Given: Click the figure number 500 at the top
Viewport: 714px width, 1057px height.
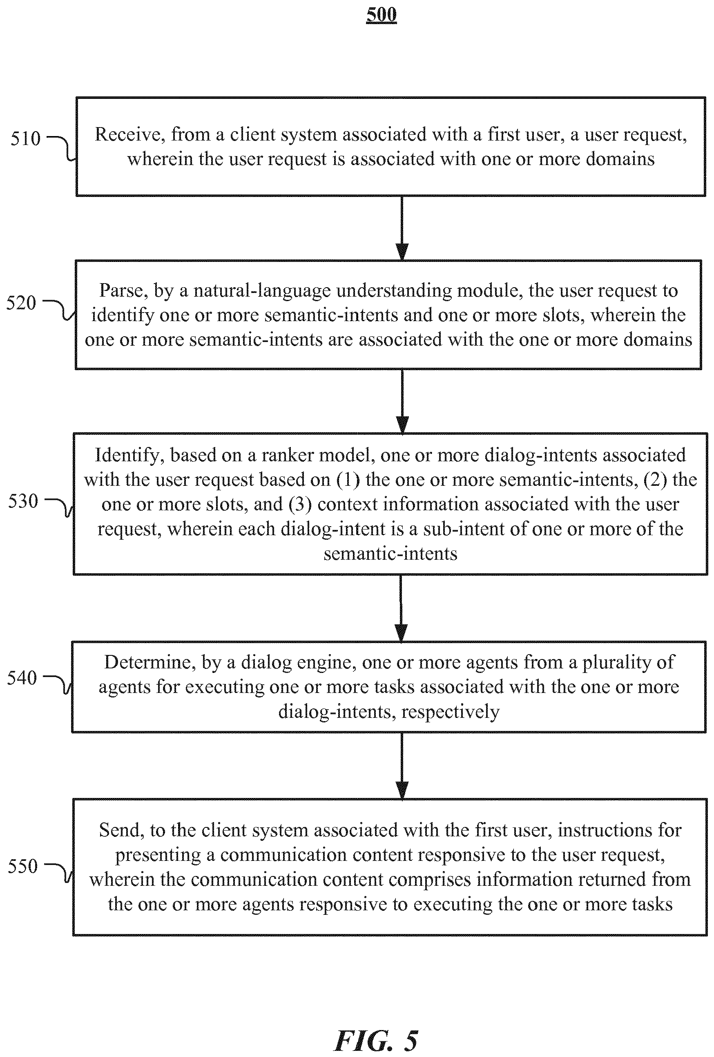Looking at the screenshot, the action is (x=382, y=14).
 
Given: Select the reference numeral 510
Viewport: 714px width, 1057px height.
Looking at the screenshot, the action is (x=25, y=138).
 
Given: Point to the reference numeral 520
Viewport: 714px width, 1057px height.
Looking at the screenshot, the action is (x=21, y=302).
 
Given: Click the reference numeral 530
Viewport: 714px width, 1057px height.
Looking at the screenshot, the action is (x=23, y=501).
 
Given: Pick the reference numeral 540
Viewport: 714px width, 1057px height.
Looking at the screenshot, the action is (x=22, y=678).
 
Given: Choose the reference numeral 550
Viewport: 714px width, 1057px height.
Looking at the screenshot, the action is (x=23, y=865).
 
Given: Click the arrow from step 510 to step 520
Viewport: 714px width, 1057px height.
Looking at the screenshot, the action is (x=402, y=228).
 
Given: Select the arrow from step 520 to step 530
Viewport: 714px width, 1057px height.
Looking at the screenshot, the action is (x=402, y=401).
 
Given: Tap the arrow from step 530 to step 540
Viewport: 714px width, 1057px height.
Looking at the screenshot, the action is (x=401, y=608).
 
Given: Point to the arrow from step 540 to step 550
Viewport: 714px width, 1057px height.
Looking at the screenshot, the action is (x=402, y=765).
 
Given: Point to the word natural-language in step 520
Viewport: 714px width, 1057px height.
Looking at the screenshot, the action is (x=262, y=291).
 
